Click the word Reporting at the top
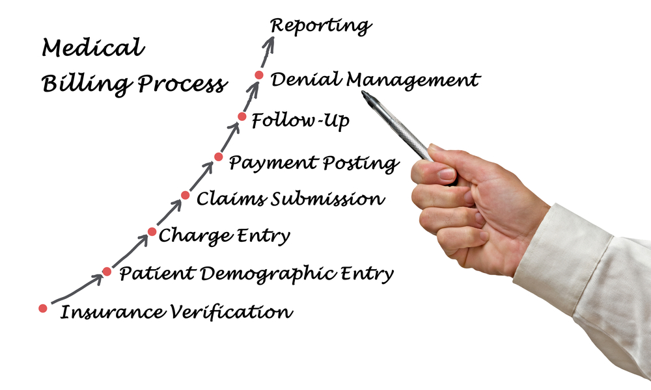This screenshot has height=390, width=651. click(x=320, y=27)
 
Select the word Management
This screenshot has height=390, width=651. click(x=413, y=80)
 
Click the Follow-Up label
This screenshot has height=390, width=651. click(x=301, y=121)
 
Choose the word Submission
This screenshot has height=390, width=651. click(x=328, y=198)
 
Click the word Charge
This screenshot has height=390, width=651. click(x=195, y=236)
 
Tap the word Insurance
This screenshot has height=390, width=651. click(x=112, y=312)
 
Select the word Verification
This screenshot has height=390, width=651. click(x=230, y=311)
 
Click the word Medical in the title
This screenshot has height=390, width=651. click(x=93, y=47)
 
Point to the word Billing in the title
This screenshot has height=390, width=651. click(x=87, y=83)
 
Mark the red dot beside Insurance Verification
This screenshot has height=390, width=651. click(x=43, y=308)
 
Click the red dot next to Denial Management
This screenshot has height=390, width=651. click(x=258, y=75)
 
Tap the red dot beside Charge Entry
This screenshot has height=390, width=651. click(x=152, y=231)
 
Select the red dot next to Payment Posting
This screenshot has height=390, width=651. click(x=218, y=157)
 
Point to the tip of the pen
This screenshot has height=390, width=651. click(x=363, y=92)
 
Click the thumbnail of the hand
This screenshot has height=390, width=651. click(x=447, y=174)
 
